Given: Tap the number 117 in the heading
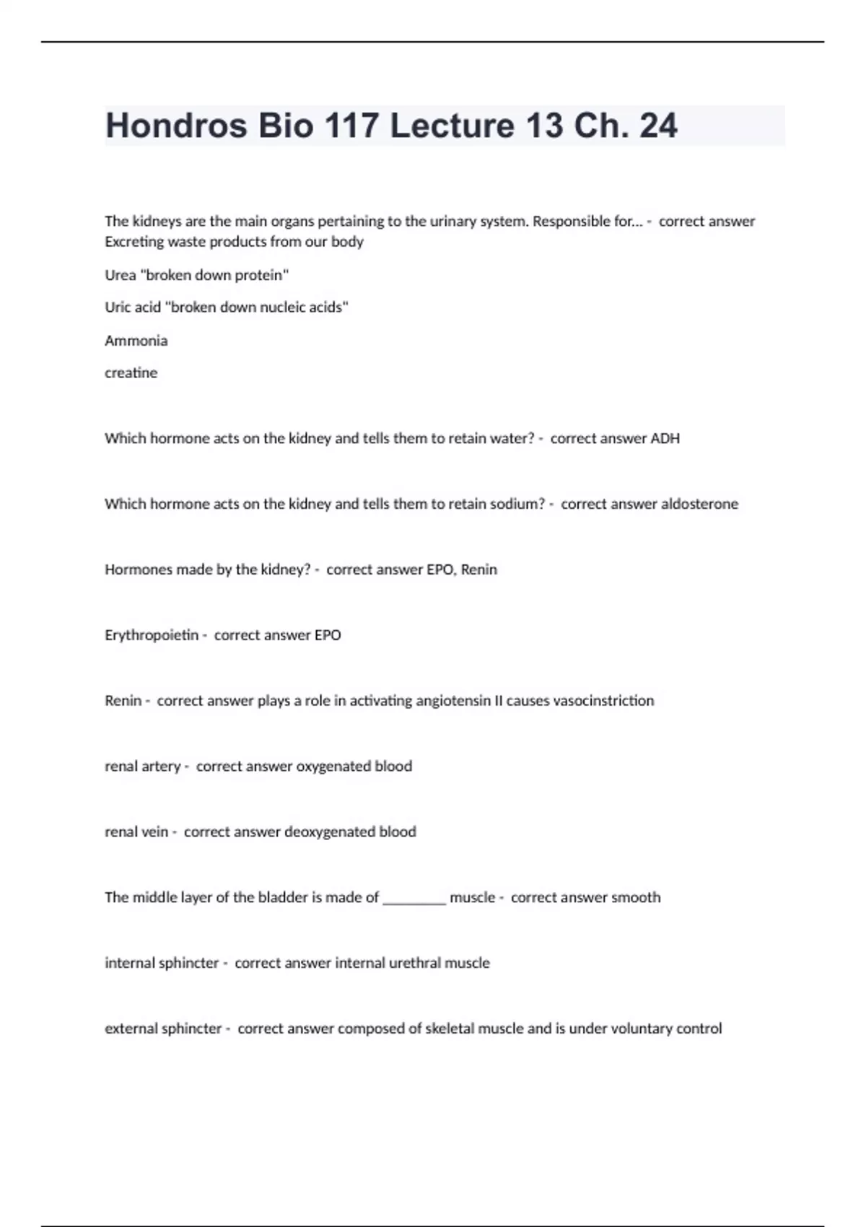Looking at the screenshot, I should click(x=351, y=126).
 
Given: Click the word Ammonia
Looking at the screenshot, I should click(x=136, y=341).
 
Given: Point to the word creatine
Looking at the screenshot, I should click(x=131, y=373).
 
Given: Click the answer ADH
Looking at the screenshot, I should click(x=665, y=438).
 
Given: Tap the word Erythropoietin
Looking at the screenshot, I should click(x=151, y=635).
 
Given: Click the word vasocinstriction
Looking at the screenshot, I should click(x=603, y=701).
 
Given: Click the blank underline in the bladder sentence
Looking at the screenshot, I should click(x=414, y=899).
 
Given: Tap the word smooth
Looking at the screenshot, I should click(x=636, y=898).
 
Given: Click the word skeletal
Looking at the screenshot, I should click(x=450, y=1029).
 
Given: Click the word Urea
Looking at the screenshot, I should click(x=120, y=275).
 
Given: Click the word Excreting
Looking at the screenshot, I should click(x=134, y=242).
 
